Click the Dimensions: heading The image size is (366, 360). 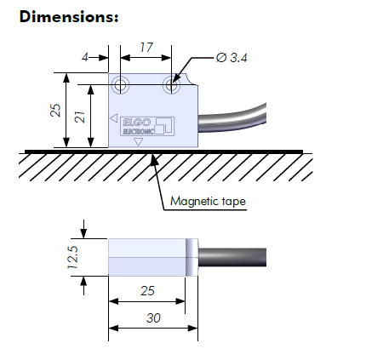69,16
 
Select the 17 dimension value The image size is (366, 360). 146,48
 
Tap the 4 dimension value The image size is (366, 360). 85,58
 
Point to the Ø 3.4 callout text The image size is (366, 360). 232,58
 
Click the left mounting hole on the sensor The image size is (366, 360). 120,84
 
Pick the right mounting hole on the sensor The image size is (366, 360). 171,84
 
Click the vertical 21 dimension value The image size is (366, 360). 80,117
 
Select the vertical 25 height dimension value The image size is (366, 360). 55,110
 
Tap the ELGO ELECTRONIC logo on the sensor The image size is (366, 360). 147,126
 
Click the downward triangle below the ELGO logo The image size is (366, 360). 139,141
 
